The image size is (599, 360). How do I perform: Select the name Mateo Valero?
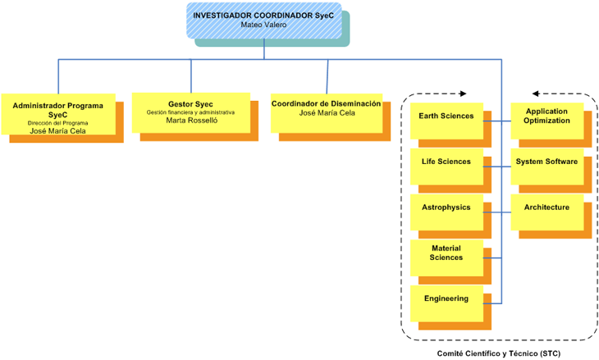point(263,25)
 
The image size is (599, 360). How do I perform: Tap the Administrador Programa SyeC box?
point(57,115)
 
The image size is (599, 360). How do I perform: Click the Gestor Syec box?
point(190,112)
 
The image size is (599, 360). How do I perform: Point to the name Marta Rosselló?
point(190,121)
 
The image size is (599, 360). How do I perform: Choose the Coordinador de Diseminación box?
point(326,112)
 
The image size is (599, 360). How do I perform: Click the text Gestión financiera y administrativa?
point(190,112)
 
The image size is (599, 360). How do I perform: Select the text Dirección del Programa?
point(57,123)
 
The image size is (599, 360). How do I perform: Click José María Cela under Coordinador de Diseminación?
point(326,113)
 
